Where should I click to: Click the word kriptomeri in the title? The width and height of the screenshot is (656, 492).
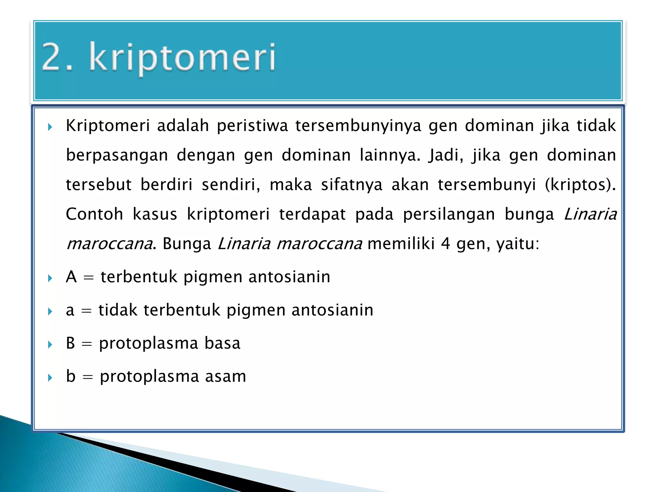182,58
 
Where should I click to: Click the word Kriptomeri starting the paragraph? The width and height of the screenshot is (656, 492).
108,126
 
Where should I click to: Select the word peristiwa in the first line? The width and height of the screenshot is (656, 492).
252,126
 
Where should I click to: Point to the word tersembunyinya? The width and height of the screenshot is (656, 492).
358,126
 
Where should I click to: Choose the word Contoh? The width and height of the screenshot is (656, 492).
94,214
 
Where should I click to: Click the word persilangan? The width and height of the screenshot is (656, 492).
449,214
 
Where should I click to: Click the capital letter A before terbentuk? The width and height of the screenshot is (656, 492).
71,277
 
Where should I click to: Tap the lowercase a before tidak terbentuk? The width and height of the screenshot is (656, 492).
70,310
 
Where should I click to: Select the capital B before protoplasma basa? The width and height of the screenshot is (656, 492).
71,343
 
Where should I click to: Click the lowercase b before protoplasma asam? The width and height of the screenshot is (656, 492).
71,376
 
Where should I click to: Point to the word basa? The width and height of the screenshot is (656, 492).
222,343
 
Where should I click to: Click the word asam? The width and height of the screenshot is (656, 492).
225,376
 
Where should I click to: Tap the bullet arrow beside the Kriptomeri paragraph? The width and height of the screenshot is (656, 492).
50,127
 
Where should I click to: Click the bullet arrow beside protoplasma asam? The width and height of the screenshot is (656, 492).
50,378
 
